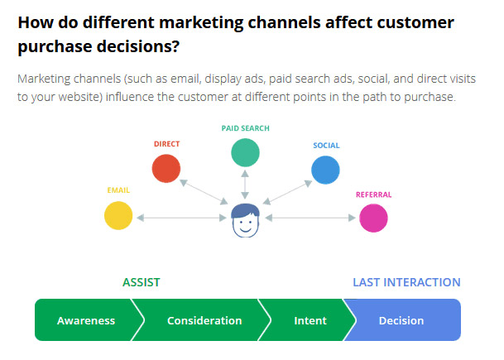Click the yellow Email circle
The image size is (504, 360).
[118, 215]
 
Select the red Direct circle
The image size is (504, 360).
[166, 169]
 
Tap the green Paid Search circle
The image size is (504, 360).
[245, 152]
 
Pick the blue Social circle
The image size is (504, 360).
[325, 170]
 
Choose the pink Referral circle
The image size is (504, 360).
[373, 218]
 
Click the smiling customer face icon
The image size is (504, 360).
[245, 220]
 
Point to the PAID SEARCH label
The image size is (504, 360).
[246, 128]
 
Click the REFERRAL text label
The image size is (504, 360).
[373, 194]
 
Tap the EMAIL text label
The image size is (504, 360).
[118, 190]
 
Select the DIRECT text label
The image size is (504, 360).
[166, 144]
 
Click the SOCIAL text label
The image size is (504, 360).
[326, 146]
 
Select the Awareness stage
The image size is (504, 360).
[86, 320]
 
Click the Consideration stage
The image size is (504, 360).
[204, 320]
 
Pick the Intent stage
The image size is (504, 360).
[310, 320]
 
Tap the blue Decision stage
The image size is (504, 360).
[401, 320]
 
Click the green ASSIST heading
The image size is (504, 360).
[142, 282]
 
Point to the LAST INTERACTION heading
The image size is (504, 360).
[406, 282]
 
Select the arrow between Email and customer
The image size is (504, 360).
[181, 218]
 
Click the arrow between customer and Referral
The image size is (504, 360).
[310, 218]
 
